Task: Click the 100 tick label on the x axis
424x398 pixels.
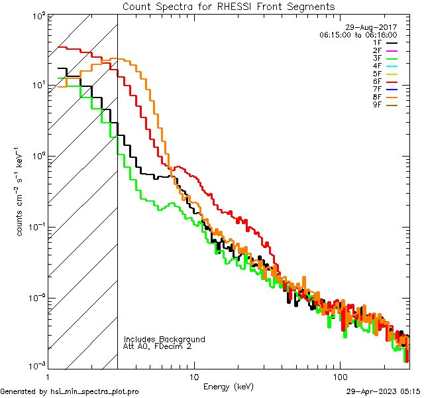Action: pyautogui.click(x=340, y=376)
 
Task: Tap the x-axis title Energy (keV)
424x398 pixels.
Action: pyautogui.click(x=228, y=387)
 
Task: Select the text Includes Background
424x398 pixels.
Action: pyautogui.click(x=164, y=340)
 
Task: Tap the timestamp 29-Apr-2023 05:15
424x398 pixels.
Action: pyautogui.click(x=384, y=391)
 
